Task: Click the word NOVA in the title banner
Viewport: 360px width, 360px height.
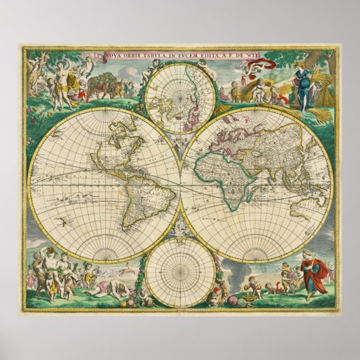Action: coord(114,56)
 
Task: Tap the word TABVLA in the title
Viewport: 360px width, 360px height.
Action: coord(151,56)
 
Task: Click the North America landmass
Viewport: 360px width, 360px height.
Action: coord(109,146)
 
